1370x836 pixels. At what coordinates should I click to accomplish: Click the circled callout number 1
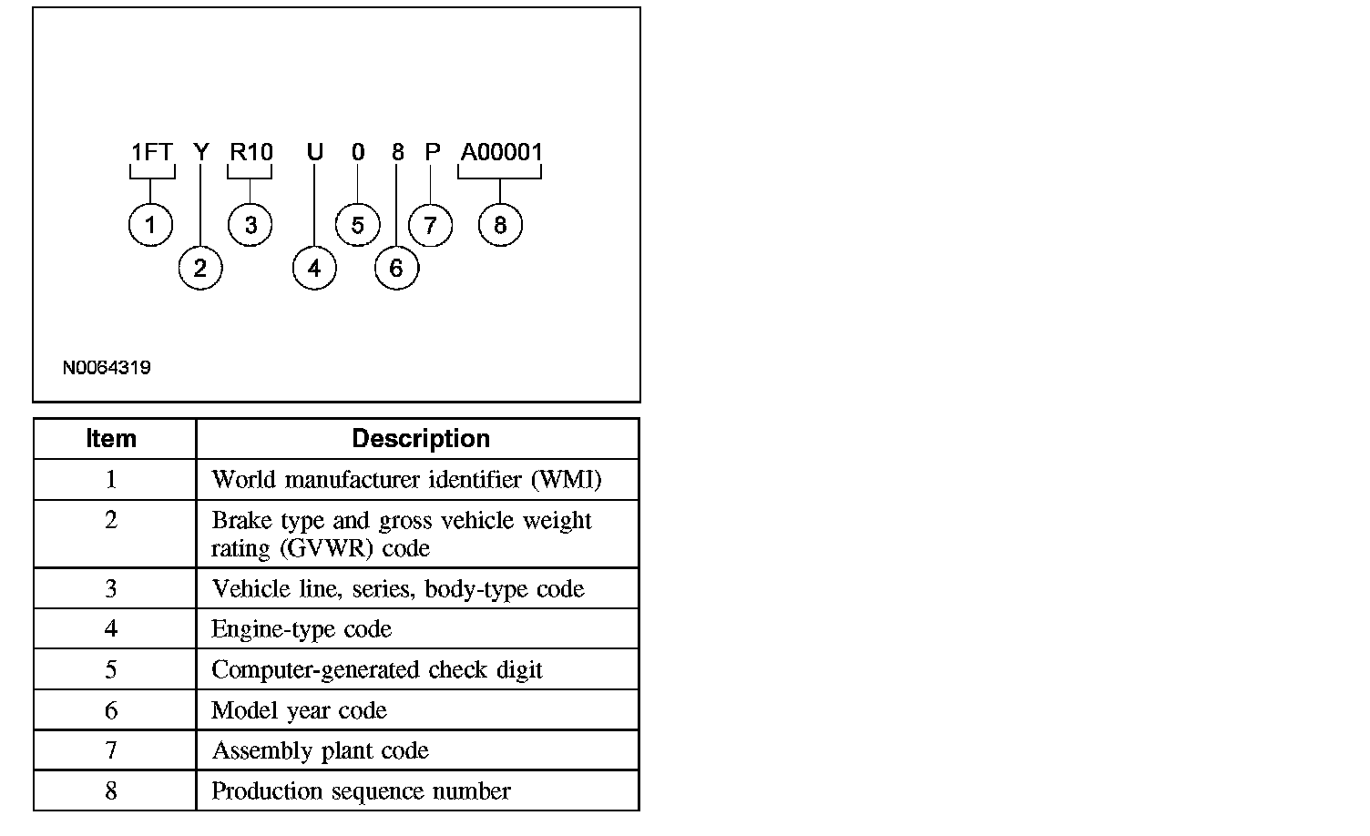[150, 225]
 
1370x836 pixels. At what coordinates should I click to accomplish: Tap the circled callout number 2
[200, 268]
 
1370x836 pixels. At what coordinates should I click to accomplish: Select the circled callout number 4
[314, 268]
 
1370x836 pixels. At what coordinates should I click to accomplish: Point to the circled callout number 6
[396, 268]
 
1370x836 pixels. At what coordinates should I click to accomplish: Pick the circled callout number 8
[499, 225]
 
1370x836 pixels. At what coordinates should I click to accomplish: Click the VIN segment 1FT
[151, 152]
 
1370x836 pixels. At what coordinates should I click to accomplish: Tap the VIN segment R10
[250, 152]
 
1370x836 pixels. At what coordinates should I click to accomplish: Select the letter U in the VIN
[314, 152]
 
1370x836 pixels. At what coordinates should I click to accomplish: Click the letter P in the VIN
[433, 152]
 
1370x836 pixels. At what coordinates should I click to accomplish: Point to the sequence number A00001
[501, 152]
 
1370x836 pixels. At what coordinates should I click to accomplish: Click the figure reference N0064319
[107, 368]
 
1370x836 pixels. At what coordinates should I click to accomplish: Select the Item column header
[111, 439]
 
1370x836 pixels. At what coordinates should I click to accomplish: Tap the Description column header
[421, 439]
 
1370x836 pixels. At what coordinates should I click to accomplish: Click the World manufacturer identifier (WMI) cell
[406, 480]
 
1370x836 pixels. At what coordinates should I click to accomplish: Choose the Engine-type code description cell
[302, 629]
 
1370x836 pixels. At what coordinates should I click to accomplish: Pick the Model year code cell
[299, 710]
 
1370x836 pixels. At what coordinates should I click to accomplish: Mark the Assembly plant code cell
[320, 750]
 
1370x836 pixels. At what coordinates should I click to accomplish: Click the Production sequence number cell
[361, 791]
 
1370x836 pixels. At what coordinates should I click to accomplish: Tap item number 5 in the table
[111, 670]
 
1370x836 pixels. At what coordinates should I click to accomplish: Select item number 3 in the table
[111, 589]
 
